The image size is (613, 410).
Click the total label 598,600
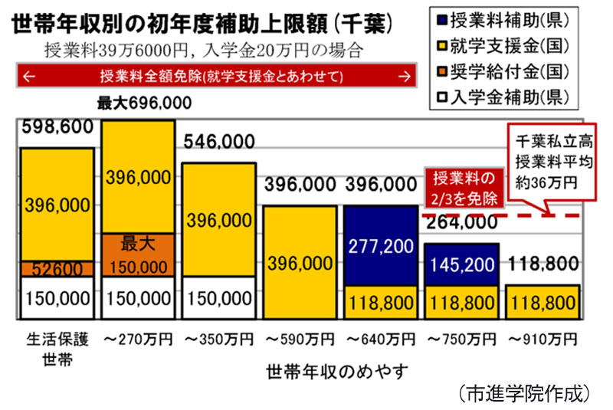pyautogui.click(x=53, y=127)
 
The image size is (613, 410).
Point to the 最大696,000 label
pyautogui.click(x=144, y=103)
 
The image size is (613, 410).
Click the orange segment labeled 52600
pyautogui.click(x=57, y=269)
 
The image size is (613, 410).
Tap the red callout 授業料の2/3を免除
pyautogui.click(x=464, y=189)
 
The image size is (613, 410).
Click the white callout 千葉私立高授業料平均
pyautogui.click(x=548, y=161)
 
